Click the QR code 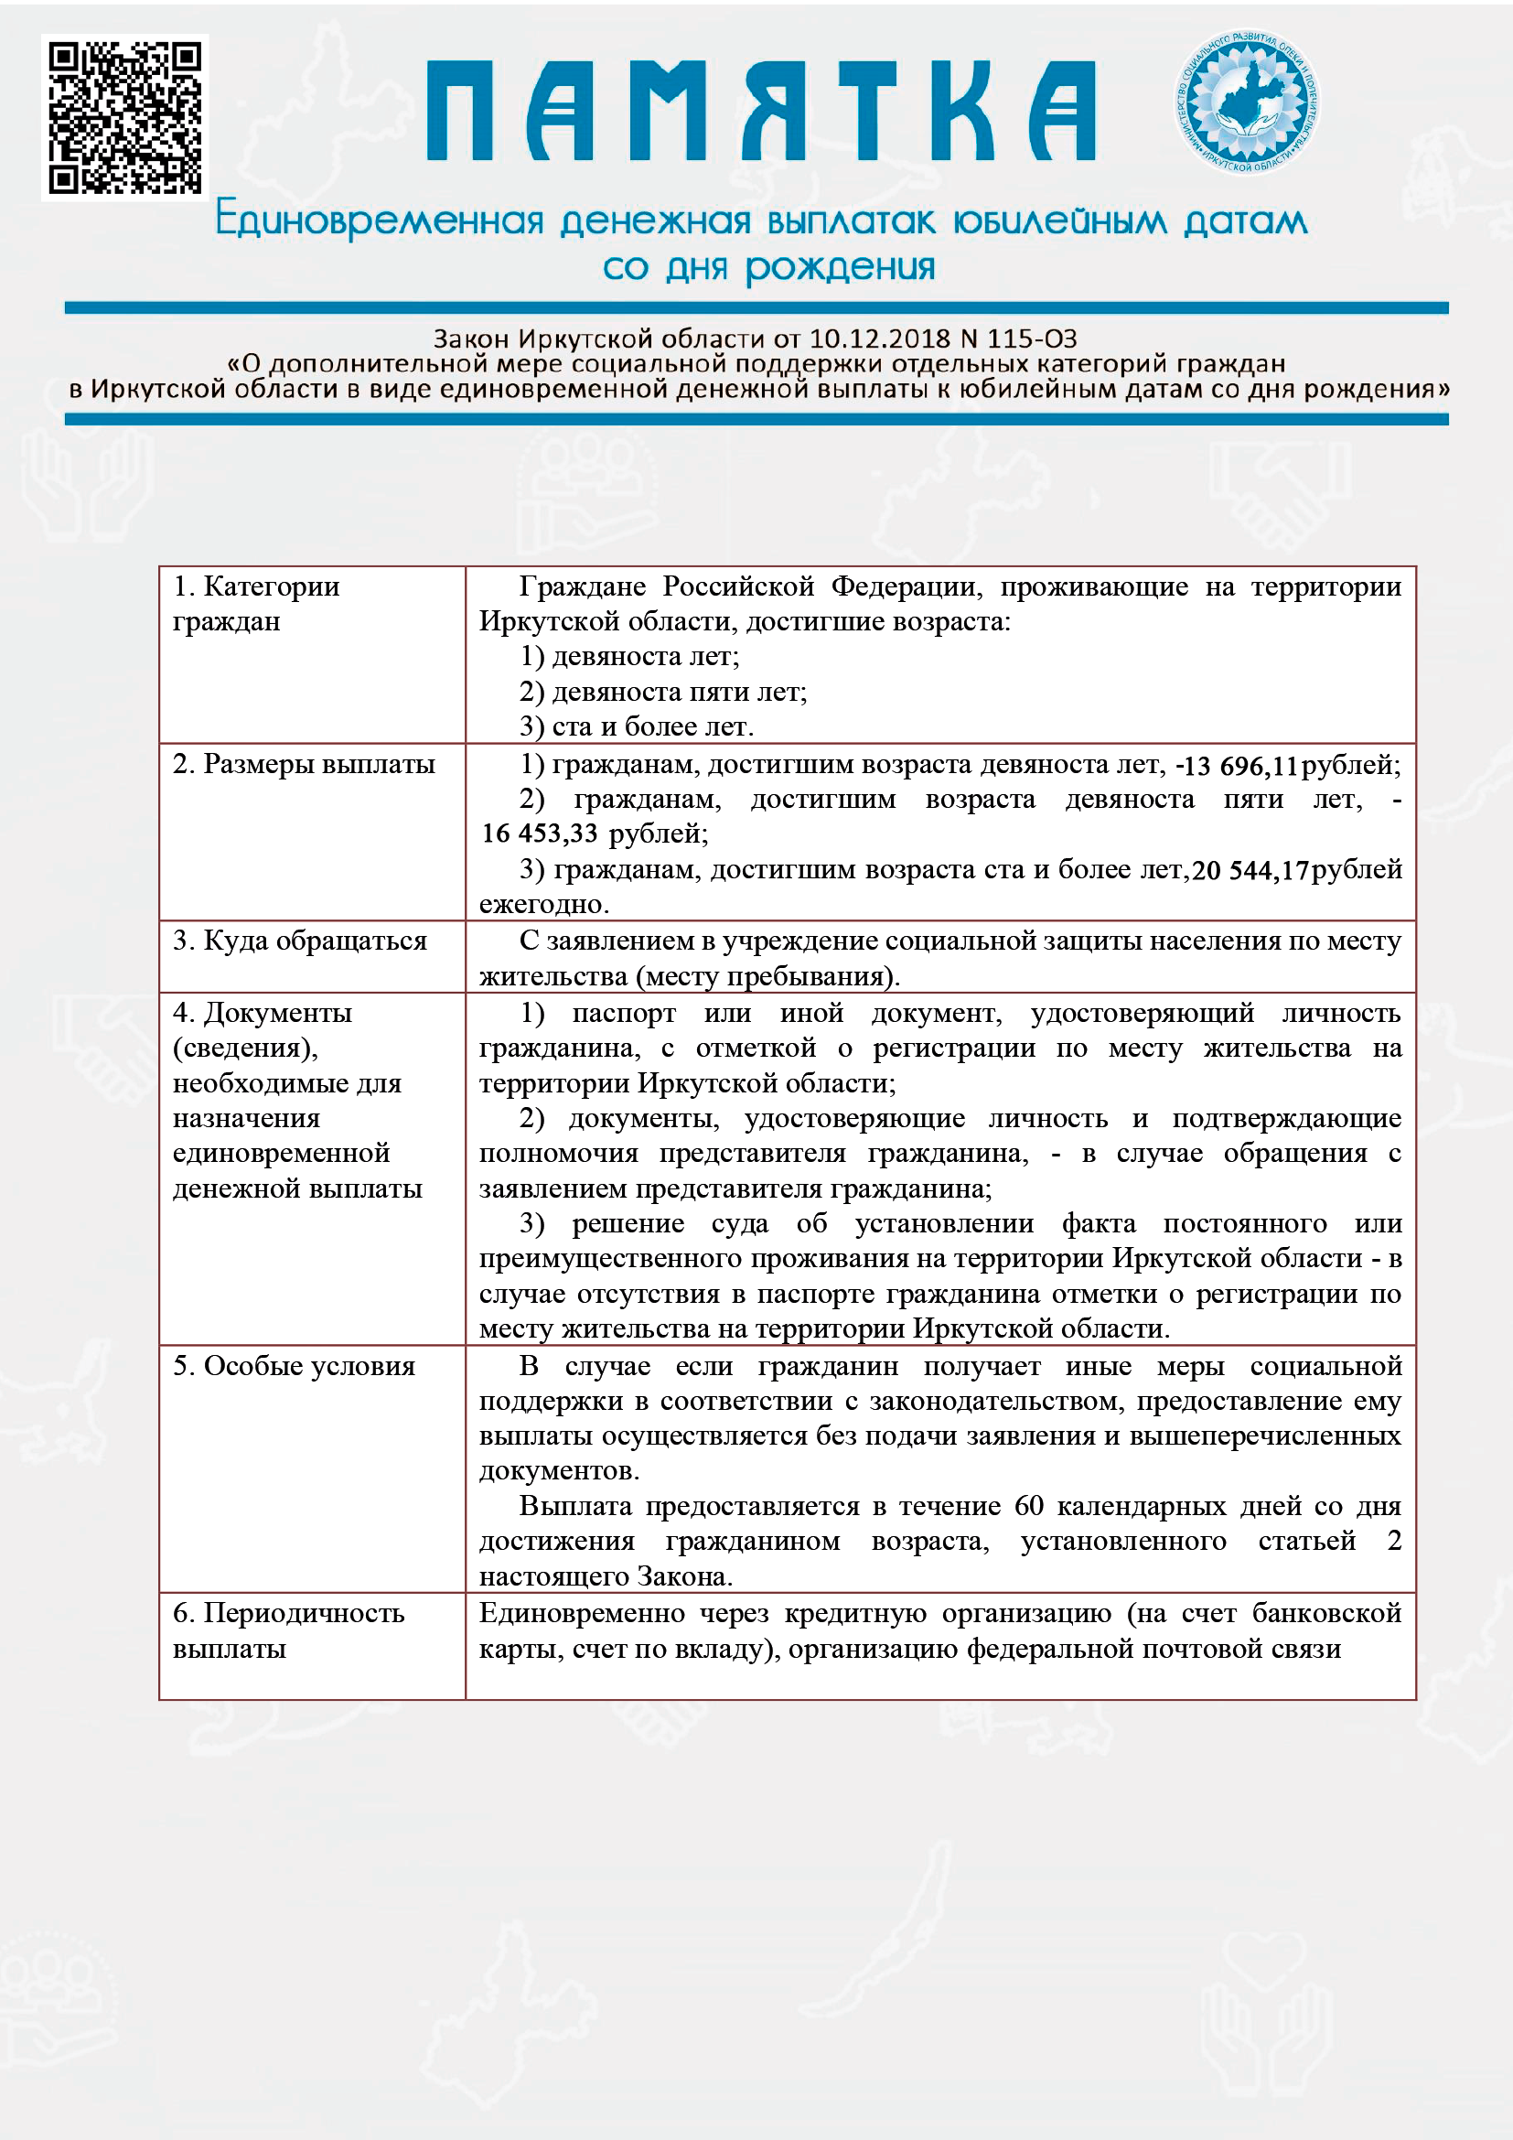[x=124, y=117]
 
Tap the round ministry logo [x=1247, y=102]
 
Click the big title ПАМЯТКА [x=760, y=111]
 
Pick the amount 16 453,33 [x=540, y=833]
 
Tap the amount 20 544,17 [x=1250, y=870]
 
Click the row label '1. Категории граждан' [x=256, y=603]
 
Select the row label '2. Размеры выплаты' [x=304, y=764]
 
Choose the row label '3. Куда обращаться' [x=300, y=941]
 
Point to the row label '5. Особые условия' [x=295, y=1365]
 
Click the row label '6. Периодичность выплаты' [x=289, y=1630]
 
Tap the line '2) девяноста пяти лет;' [x=663, y=692]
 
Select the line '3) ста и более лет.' [x=638, y=726]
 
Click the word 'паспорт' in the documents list [x=624, y=1013]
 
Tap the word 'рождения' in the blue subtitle [x=840, y=267]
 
